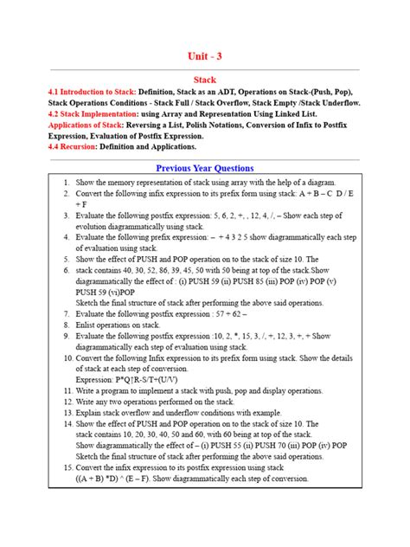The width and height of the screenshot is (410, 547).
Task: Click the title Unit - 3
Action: (204, 56)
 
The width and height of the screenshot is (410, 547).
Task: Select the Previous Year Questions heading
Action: (204, 168)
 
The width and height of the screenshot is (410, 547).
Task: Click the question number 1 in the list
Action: (66, 183)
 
